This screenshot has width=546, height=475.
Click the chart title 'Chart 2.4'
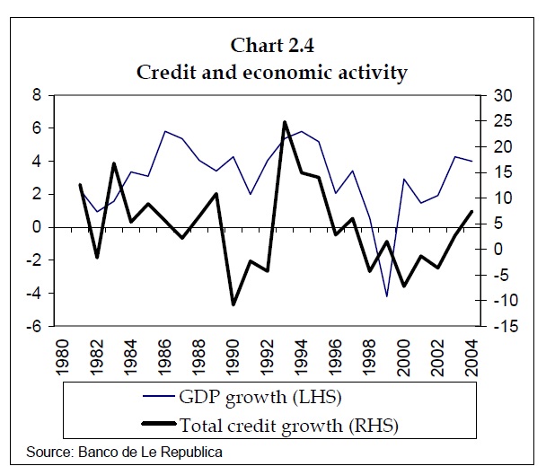click(x=272, y=45)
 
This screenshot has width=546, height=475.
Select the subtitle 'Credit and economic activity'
click(x=272, y=72)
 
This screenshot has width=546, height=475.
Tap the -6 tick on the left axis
click(x=33, y=327)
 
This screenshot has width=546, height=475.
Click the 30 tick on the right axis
click(x=499, y=96)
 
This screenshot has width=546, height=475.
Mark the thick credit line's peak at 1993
click(x=285, y=122)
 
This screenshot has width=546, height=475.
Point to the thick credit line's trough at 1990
click(x=233, y=304)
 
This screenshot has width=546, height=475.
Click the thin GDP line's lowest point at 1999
click(x=387, y=296)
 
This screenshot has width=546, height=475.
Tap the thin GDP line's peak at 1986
click(x=165, y=131)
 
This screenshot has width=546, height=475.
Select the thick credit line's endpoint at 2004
click(x=472, y=211)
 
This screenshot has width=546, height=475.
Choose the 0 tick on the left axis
click(x=37, y=228)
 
